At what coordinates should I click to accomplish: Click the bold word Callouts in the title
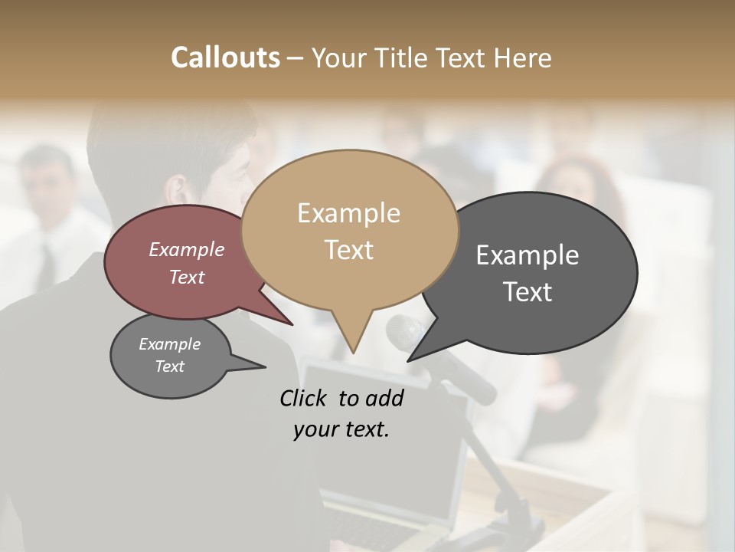coord(225,58)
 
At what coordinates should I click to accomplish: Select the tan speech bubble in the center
coord(349,230)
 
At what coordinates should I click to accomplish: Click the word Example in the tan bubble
coord(348,213)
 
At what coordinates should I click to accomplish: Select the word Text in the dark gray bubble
coord(528,292)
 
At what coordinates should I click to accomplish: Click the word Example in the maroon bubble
coord(186,249)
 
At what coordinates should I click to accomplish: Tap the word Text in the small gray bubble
coord(170,366)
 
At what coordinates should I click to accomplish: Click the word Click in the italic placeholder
coord(305,398)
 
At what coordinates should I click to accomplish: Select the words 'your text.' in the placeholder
coord(341,429)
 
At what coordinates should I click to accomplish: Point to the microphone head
coord(406,333)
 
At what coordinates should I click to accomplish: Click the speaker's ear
coord(178,192)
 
